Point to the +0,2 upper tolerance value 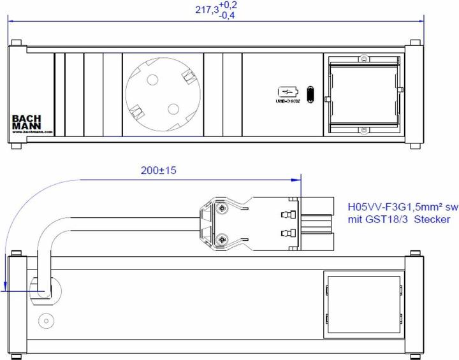click(228, 5)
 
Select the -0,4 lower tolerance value click(228, 15)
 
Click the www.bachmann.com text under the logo click(31, 133)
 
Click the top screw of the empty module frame click(363, 61)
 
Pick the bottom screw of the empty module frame click(363, 129)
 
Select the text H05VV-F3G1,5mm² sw click(402, 207)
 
